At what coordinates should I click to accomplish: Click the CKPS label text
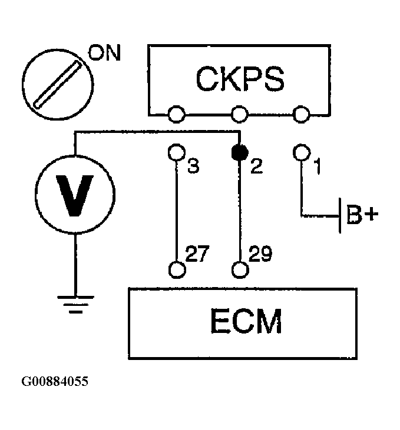(240, 79)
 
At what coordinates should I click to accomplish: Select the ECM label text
(246, 321)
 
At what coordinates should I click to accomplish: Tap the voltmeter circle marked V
(75, 194)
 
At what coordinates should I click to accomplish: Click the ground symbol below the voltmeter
(75, 304)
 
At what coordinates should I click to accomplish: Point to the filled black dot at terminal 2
(240, 153)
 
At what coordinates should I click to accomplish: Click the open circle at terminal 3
(176, 152)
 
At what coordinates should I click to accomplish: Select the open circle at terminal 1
(302, 152)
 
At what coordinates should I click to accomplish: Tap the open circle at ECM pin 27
(177, 270)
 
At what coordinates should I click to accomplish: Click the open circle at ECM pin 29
(240, 270)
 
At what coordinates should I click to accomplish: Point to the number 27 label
(197, 254)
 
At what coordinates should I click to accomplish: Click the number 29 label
(260, 254)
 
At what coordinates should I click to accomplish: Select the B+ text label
(362, 215)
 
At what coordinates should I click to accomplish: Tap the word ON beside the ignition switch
(104, 52)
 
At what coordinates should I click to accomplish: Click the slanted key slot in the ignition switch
(58, 84)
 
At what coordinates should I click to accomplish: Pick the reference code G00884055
(55, 381)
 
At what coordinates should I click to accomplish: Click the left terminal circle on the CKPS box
(176, 114)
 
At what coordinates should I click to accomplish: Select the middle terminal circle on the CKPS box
(240, 114)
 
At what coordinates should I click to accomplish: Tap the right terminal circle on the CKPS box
(302, 114)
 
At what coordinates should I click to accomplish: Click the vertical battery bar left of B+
(340, 215)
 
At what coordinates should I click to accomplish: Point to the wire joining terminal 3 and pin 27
(176, 211)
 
